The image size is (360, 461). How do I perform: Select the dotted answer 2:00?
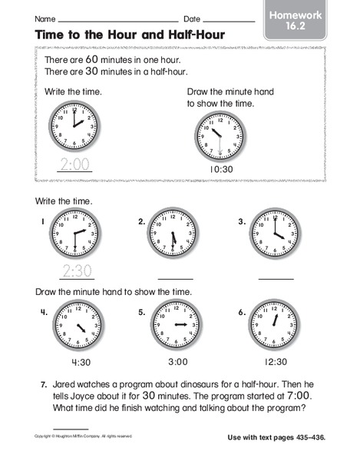[74, 163]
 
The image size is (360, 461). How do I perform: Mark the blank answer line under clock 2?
[176, 277]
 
